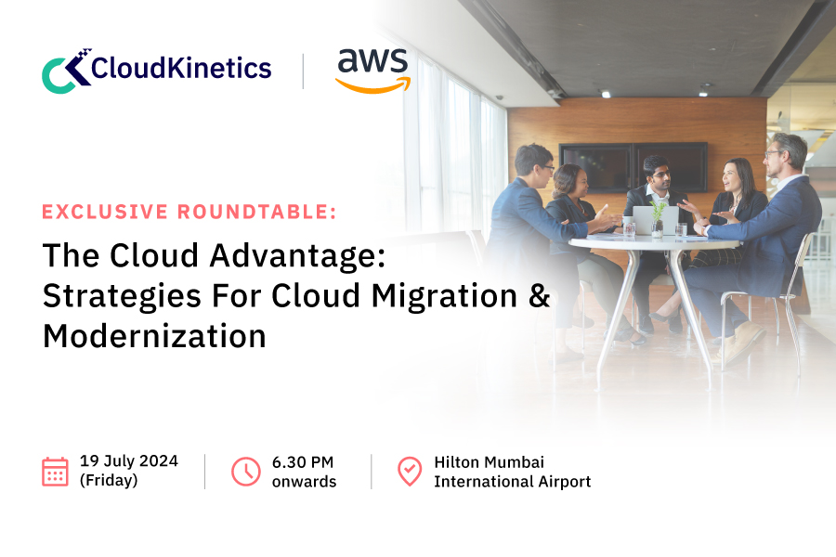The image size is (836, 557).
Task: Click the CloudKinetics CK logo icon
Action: [65, 71]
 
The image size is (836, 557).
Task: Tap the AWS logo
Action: [372, 71]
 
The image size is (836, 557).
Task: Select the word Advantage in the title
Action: [297, 255]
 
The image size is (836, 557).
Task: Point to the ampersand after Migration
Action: [540, 296]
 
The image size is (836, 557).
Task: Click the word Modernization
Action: [154, 336]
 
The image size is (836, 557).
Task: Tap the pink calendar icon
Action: [55, 472]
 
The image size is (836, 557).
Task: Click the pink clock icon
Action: [246, 472]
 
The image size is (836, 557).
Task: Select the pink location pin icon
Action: [410, 472]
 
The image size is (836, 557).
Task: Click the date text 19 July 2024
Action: [129, 461]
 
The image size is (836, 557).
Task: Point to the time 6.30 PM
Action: [302, 462]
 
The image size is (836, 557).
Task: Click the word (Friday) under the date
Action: [109, 480]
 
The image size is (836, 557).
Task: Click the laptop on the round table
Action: [655, 220]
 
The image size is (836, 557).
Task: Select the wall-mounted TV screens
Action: [633, 167]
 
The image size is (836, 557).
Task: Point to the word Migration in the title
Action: [444, 296]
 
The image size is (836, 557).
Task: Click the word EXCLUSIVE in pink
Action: [105, 212]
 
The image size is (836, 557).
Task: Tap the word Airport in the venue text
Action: [564, 482]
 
